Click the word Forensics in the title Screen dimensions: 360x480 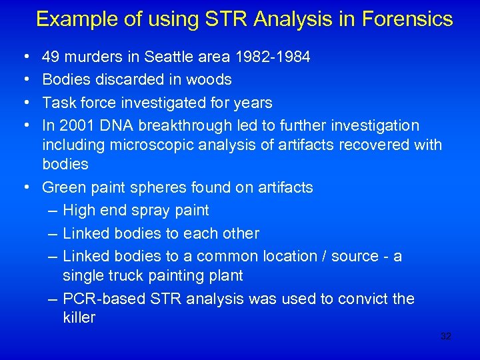coord(408,19)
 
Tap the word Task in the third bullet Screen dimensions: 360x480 coord(58,103)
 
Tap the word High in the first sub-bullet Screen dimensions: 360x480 coord(77,211)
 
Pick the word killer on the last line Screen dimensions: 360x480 coord(79,317)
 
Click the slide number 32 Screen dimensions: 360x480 coord(446,337)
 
